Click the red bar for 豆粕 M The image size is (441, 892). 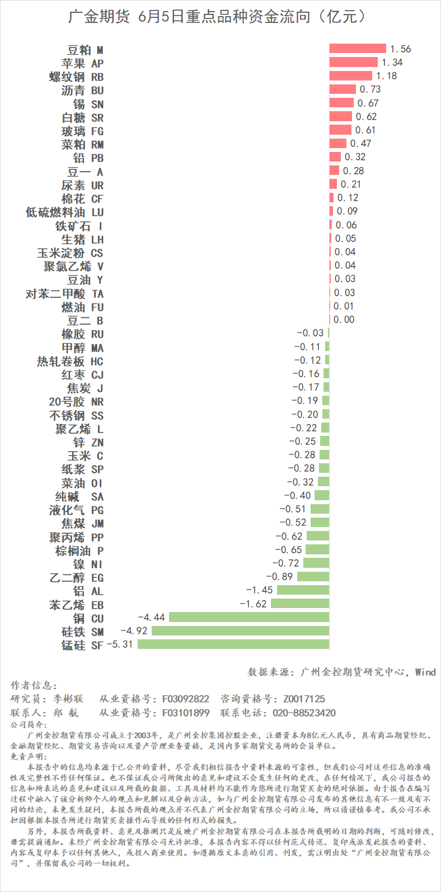(358, 49)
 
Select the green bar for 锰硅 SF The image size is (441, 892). (233, 644)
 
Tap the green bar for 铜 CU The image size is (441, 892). (249, 617)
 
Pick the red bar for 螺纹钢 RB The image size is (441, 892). (350, 76)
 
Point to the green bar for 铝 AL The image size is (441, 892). (303, 590)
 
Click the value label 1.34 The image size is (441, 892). (392, 63)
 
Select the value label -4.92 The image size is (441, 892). (134, 631)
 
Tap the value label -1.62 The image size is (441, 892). (254, 604)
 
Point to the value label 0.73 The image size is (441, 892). (370, 89)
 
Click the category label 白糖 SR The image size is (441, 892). (82, 117)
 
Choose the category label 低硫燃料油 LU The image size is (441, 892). (64, 212)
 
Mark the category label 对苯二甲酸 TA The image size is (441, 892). (64, 293)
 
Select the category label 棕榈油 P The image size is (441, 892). (79, 551)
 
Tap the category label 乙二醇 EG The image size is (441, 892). (76, 577)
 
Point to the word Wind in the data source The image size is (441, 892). (425, 672)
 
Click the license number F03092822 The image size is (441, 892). (186, 699)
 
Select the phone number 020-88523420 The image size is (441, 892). (304, 713)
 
